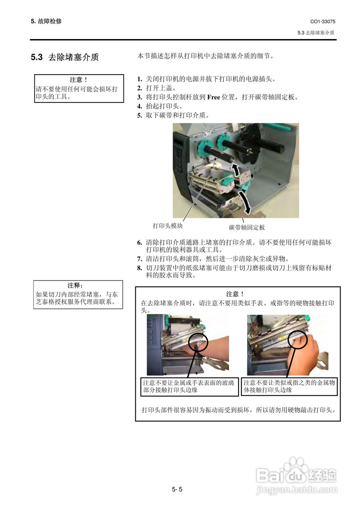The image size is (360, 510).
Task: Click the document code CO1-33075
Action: point(323,22)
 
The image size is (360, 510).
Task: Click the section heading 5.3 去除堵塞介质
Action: point(65,57)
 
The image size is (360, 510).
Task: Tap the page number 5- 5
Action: point(177,489)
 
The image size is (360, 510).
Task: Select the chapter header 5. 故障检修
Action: point(46,21)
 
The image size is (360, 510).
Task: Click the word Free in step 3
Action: point(214,97)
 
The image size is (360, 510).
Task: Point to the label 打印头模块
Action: point(168,226)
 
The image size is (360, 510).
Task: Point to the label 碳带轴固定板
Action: point(247,228)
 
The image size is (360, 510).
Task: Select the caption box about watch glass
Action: point(190,386)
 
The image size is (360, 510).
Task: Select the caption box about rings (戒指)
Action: point(289,386)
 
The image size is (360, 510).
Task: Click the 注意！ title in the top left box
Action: point(78,80)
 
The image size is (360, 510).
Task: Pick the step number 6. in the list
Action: point(139,242)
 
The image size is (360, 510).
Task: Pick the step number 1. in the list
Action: point(139,79)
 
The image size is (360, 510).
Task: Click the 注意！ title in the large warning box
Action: point(235,294)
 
